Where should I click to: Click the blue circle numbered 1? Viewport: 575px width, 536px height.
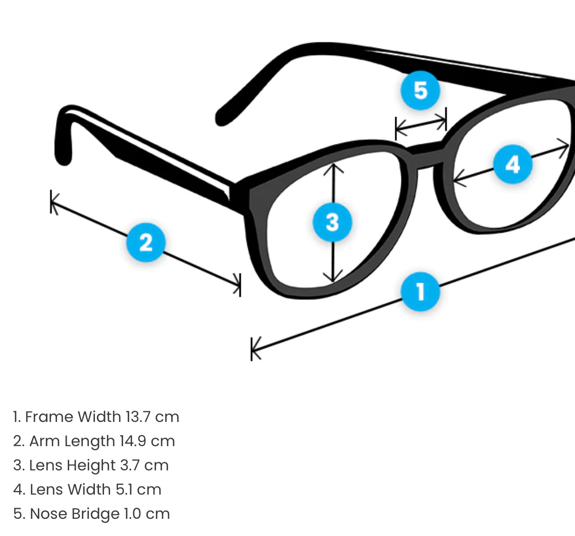(x=420, y=292)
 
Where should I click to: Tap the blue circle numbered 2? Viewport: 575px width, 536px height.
(x=145, y=243)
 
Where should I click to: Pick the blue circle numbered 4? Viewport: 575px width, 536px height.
(x=512, y=165)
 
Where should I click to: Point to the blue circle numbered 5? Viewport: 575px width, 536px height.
(x=420, y=91)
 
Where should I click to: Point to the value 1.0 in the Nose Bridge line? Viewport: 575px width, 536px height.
(x=134, y=514)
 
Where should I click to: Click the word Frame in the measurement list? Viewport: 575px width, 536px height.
(x=48, y=417)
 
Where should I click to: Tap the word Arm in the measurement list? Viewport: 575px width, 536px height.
(x=44, y=441)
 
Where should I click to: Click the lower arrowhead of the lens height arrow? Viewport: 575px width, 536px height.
(x=333, y=278)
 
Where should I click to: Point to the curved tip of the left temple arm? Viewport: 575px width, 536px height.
(x=63, y=151)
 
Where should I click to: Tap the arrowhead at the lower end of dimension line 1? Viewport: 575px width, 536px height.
(x=255, y=349)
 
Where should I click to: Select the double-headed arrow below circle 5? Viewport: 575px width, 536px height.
(x=421, y=124)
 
